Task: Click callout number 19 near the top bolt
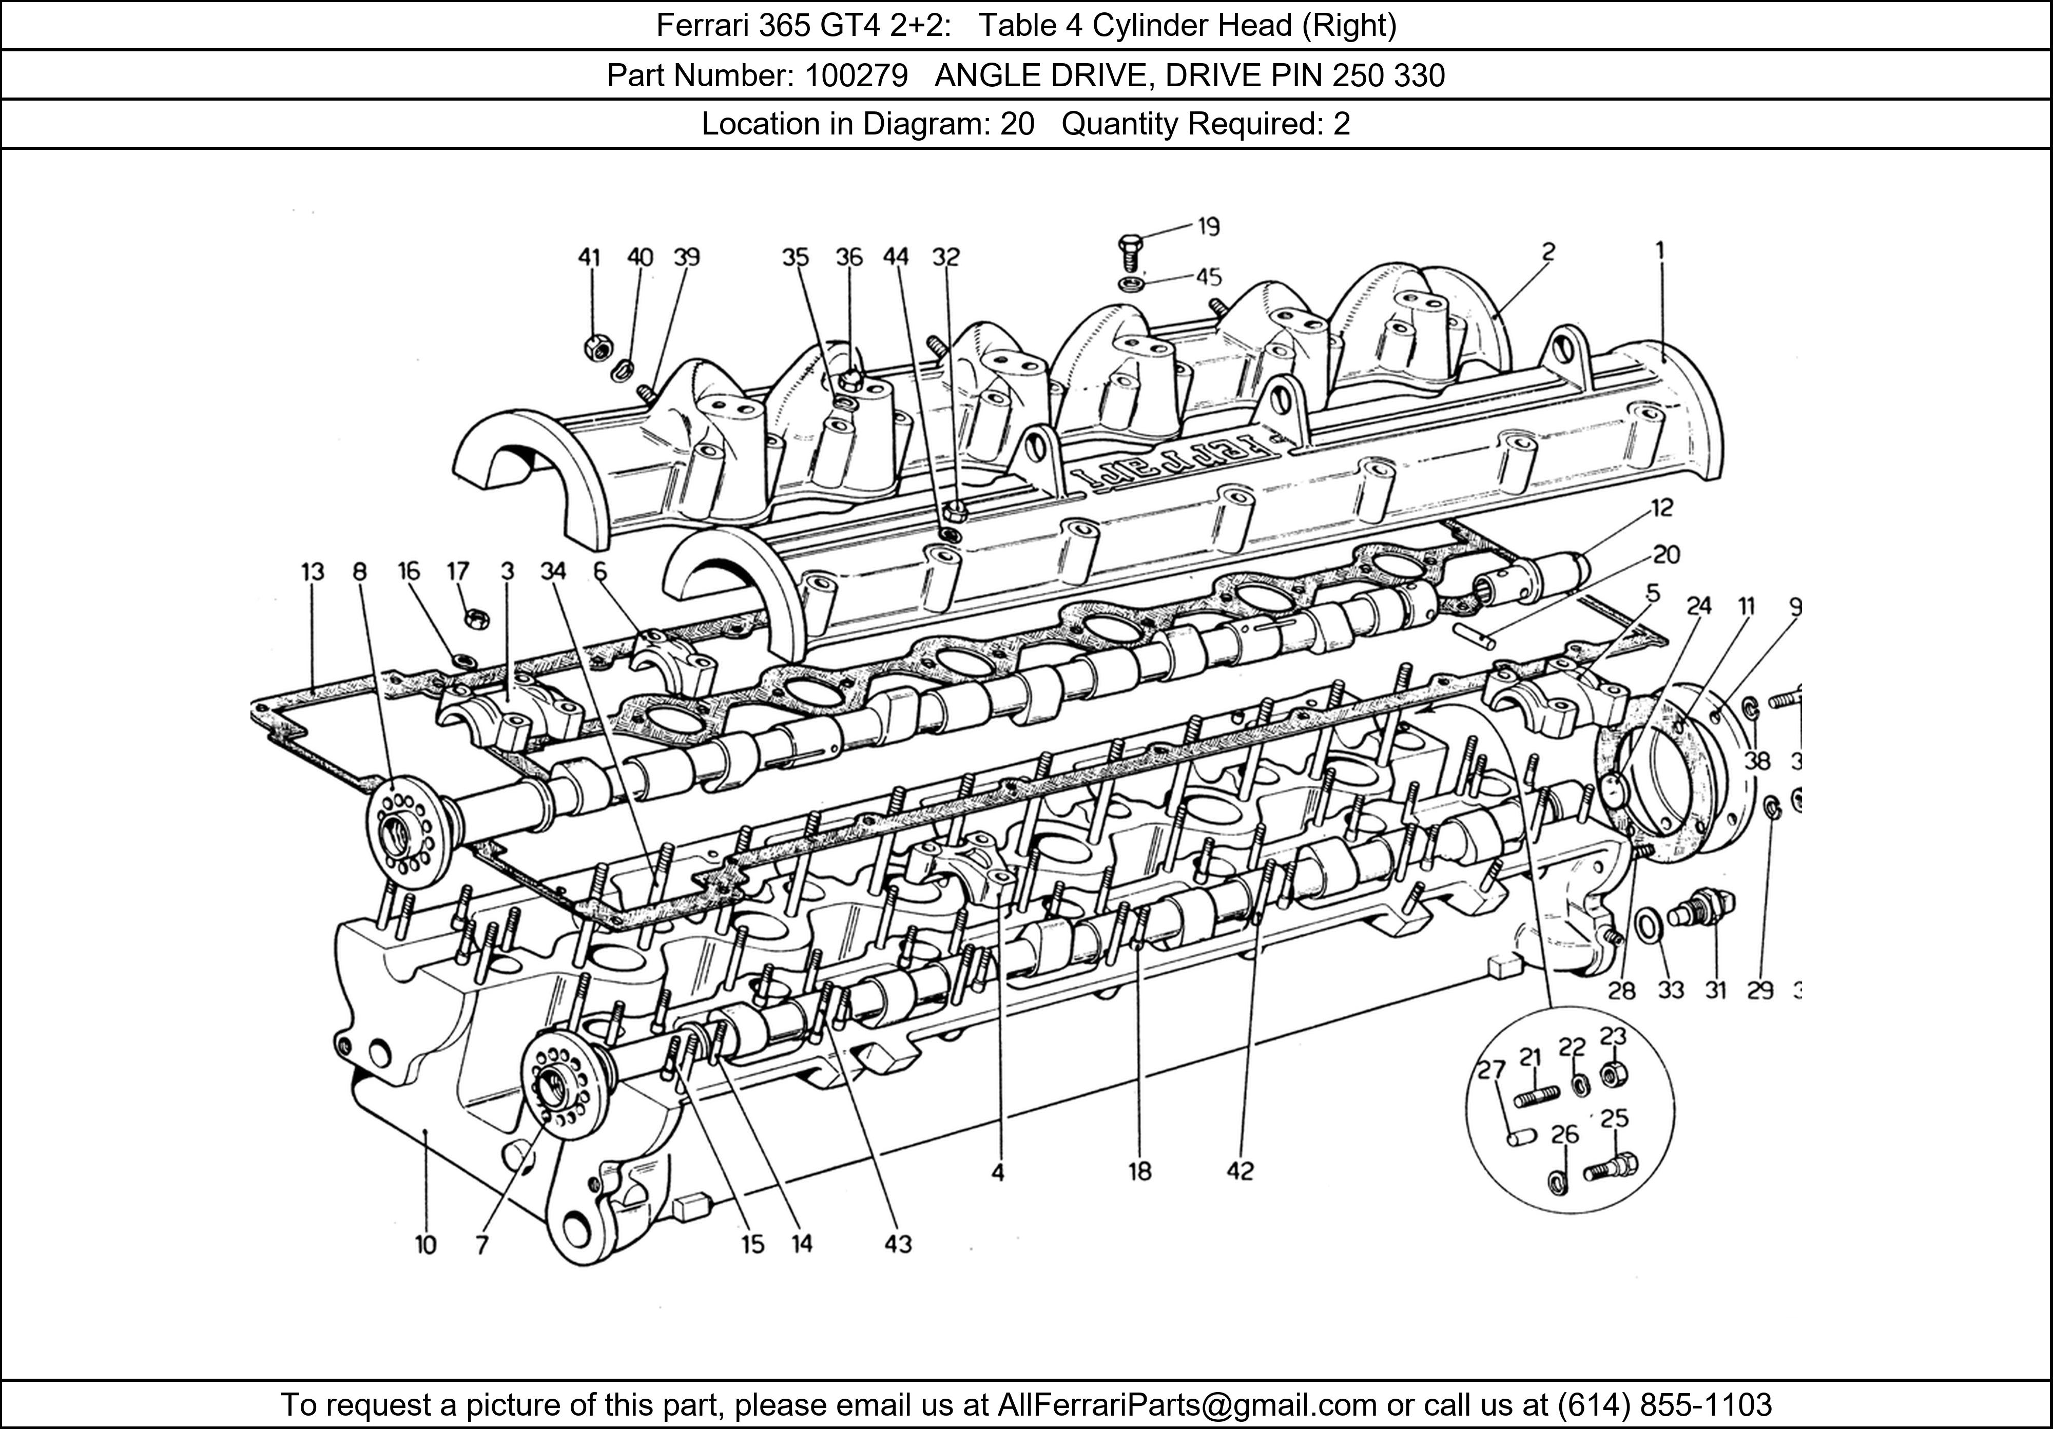click(x=1208, y=227)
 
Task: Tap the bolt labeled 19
click(x=1129, y=250)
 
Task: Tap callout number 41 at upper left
click(x=588, y=258)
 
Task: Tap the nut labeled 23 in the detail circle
click(x=1613, y=1074)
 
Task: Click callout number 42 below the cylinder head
click(x=1240, y=1171)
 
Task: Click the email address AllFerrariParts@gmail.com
click(x=1187, y=1405)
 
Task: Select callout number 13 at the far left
click(x=312, y=571)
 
